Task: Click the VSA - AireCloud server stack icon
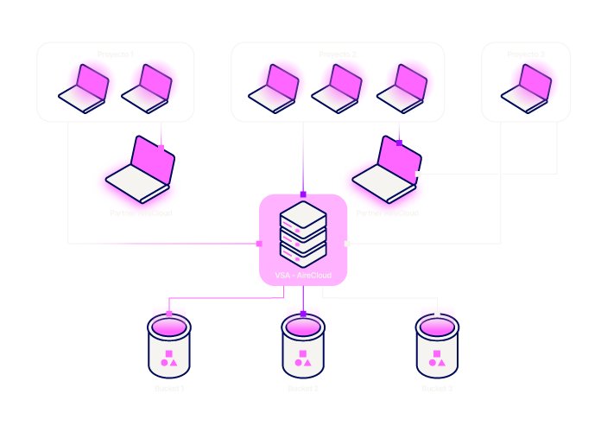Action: [303, 232]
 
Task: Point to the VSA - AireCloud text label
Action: [303, 275]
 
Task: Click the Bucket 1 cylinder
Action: [169, 344]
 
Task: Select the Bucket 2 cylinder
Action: [303, 344]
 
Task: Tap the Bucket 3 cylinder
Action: [437, 344]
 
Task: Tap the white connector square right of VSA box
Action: [347, 244]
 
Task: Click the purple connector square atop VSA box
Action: [303, 194]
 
